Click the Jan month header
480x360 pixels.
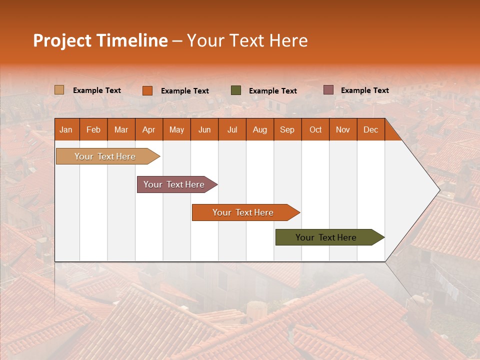click(x=66, y=130)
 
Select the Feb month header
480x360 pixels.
click(x=93, y=130)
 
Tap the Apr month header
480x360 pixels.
click(x=149, y=130)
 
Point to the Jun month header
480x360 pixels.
click(x=204, y=130)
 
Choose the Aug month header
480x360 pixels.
click(x=260, y=130)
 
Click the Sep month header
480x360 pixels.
click(x=287, y=130)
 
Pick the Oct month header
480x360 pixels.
click(x=315, y=130)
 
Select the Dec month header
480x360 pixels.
click(x=371, y=130)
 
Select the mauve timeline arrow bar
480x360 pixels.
click(x=175, y=184)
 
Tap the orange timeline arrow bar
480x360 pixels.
click(x=244, y=212)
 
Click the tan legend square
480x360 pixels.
click(x=59, y=90)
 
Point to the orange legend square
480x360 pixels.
click(x=147, y=90)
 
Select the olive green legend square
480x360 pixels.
click(x=236, y=90)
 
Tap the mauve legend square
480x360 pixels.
click(x=328, y=90)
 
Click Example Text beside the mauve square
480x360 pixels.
click(x=364, y=90)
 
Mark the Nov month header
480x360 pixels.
click(x=343, y=130)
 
